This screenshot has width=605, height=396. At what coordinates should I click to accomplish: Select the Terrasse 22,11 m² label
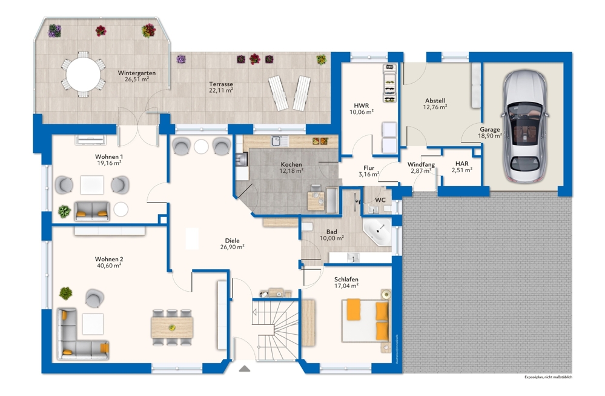coord(221,87)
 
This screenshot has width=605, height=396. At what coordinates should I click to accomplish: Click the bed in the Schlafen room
coord(365,320)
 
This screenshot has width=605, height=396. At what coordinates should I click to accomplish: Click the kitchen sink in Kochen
coord(277,141)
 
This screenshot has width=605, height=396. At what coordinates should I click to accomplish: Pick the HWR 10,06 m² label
coord(362,108)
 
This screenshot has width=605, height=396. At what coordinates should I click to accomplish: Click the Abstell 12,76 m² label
coord(435,103)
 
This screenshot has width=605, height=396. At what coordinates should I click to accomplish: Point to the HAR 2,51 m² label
coord(461,167)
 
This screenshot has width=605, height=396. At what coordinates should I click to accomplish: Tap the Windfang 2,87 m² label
coord(421,168)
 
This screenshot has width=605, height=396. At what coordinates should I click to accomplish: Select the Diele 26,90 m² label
coord(233,243)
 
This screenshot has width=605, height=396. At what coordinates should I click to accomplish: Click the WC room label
coord(380,199)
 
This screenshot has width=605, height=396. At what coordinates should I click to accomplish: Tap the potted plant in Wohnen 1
coord(64,211)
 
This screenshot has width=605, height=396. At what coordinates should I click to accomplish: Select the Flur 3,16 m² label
coord(368,171)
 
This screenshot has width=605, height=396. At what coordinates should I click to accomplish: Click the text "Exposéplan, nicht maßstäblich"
coord(548,377)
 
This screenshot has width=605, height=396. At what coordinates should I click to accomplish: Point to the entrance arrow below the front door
coord(244,367)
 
